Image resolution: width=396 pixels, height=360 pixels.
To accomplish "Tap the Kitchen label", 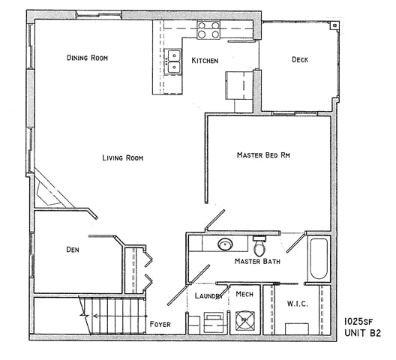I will coord(205,61).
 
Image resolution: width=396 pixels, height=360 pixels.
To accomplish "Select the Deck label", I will coord(299,60).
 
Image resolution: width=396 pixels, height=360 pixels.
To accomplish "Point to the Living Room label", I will coord(123,158).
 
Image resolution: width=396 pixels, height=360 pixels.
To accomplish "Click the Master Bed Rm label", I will coord(263,155).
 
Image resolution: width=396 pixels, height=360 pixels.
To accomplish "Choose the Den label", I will coord(73,250).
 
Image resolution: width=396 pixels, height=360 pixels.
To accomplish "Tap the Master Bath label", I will coord(257,262).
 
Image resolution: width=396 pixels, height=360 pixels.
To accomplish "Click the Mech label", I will coord(244,295).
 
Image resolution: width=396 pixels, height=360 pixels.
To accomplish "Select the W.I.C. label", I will coord(298,304).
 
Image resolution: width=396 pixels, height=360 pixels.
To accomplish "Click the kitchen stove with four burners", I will coord(208,31).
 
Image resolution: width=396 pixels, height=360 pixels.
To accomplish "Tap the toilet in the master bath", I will coord(259,246).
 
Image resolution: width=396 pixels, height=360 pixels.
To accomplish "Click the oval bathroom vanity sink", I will coord(225,244).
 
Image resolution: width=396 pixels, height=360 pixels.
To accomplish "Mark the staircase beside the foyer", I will coord(117,314).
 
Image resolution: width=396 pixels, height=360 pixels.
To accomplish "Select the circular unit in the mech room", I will coord(244,320).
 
